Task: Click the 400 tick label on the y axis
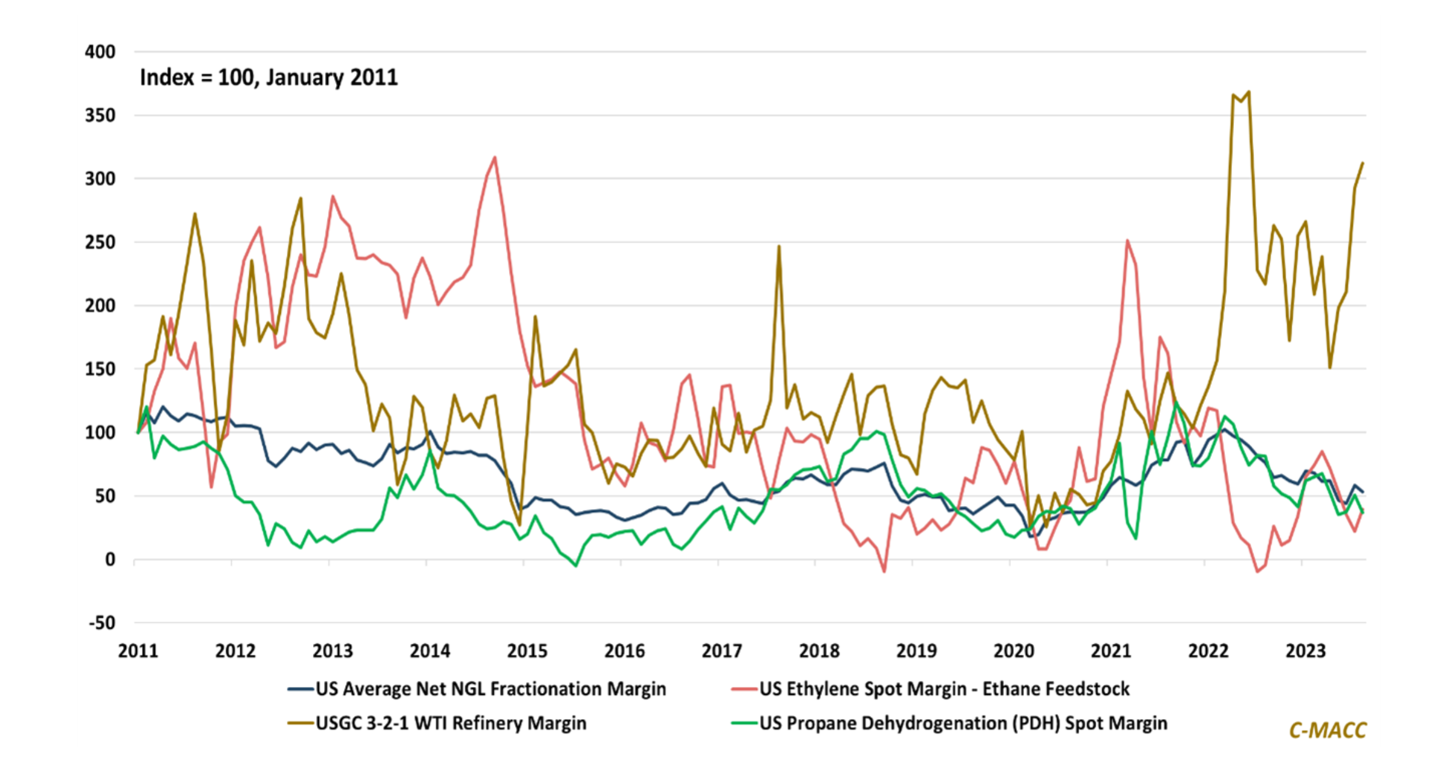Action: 100,52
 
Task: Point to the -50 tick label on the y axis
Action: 101,623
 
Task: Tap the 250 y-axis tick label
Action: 100,242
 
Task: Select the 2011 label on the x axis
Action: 138,651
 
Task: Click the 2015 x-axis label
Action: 527,651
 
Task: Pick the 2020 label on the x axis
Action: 1014,651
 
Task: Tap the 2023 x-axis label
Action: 1306,651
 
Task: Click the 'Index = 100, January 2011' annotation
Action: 269,78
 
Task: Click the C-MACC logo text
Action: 1327,730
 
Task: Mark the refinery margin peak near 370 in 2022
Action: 1249,92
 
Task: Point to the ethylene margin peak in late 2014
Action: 495,158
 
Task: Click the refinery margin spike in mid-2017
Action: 779,246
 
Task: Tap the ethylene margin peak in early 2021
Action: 1127,240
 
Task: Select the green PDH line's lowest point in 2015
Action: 576,566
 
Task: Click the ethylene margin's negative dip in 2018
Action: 884,571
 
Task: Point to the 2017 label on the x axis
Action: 722,651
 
